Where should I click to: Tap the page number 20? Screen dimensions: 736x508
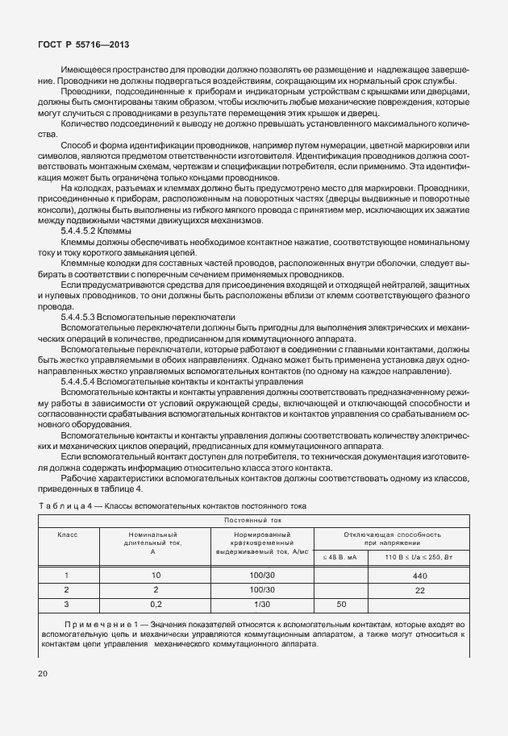44,672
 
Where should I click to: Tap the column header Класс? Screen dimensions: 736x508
66,534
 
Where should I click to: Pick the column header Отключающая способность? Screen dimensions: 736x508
393,534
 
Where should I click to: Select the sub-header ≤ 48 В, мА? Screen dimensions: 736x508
339,556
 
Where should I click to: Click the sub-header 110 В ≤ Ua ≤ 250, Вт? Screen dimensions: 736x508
419,556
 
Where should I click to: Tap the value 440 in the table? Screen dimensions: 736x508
418,576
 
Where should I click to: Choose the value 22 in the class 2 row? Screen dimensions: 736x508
419,590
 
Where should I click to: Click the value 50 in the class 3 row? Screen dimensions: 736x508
340,603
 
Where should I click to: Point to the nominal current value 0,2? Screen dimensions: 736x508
156,603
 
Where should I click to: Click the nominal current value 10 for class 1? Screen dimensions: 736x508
156,576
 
